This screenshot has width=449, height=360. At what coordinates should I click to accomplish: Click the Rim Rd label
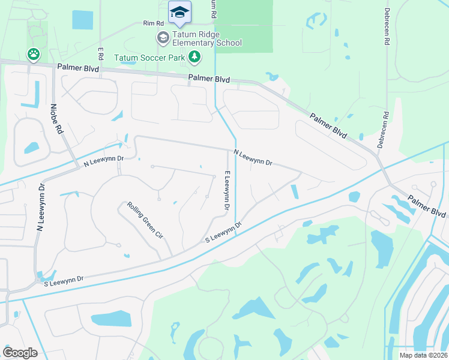tap(153, 23)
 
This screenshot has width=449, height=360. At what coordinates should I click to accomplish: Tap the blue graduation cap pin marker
tap(179, 12)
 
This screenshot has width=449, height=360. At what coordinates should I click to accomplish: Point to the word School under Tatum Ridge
tap(229, 43)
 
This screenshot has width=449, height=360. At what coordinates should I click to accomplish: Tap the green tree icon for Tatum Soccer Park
tap(194, 57)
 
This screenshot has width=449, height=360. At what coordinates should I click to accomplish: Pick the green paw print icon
tap(33, 55)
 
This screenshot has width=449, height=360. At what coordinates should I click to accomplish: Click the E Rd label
tap(101, 54)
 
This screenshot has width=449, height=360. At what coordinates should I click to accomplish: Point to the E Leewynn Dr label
tap(227, 190)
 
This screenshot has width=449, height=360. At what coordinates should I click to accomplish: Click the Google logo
tap(20, 352)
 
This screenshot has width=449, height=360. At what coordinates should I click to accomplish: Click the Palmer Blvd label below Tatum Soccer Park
tap(209, 79)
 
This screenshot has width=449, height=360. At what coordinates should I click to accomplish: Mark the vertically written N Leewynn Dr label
tap(41, 209)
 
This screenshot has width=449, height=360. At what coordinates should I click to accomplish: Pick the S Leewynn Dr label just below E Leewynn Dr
tap(223, 233)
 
